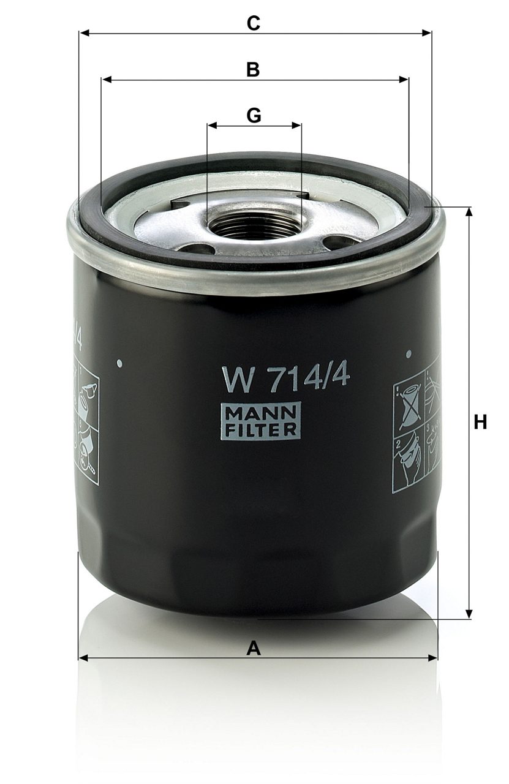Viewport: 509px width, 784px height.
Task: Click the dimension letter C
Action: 254,23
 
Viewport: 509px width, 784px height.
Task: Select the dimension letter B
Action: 252,69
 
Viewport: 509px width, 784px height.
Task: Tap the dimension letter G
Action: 254,115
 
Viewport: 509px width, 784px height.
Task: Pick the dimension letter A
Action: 254,647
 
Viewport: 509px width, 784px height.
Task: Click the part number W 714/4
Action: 286,377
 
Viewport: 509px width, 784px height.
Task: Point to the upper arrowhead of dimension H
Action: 470,212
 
